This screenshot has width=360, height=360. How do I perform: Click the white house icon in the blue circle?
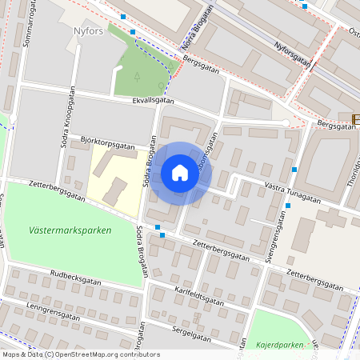tap(179, 173)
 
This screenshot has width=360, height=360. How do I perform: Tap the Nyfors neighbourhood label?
tap(89, 32)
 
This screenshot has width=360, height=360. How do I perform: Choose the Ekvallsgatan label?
tap(154, 101)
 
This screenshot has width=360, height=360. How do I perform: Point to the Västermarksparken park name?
tap(70, 230)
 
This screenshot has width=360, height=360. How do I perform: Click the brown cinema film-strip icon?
tap(356, 120)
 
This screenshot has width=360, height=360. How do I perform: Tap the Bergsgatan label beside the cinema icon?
tap(334, 125)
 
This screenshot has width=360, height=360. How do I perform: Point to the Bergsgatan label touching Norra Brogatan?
tap(200, 60)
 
